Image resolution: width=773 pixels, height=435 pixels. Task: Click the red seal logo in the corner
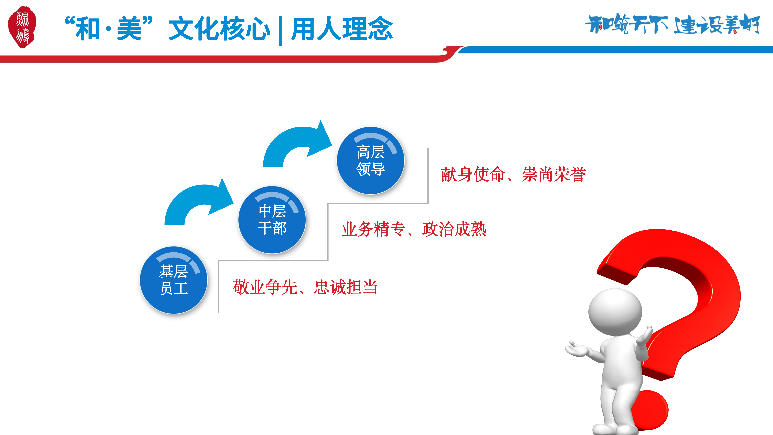22,27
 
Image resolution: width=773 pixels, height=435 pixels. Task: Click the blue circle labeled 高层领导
371,161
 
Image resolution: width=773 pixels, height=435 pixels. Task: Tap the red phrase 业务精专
374,229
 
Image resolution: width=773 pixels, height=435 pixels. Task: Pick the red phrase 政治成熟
454,229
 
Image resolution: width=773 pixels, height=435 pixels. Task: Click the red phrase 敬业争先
265,287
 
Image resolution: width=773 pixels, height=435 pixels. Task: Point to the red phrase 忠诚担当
346,287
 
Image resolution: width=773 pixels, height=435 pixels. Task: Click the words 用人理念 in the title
342,29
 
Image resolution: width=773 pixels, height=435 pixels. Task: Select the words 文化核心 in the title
220,29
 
